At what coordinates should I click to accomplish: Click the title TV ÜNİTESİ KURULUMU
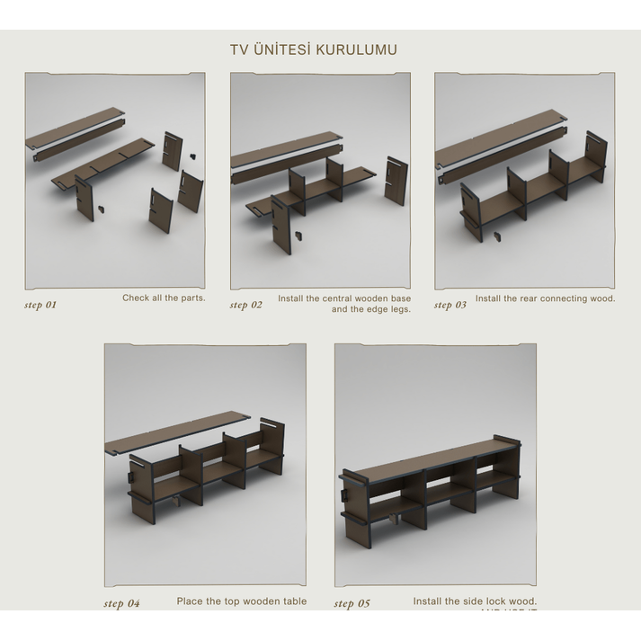[313, 49]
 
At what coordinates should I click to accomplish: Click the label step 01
[40, 305]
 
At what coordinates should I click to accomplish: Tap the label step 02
[245, 305]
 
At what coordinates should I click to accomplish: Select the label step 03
[450, 305]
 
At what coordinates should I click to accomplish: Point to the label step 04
[121, 603]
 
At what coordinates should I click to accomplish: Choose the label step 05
[352, 603]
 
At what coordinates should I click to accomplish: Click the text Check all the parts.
[164, 298]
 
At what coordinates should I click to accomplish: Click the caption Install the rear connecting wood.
[545, 298]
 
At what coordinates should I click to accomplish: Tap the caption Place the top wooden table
[241, 601]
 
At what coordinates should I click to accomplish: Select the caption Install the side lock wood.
[475, 601]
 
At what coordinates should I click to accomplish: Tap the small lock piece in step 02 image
[297, 236]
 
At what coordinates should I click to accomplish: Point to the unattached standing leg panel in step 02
[394, 180]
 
